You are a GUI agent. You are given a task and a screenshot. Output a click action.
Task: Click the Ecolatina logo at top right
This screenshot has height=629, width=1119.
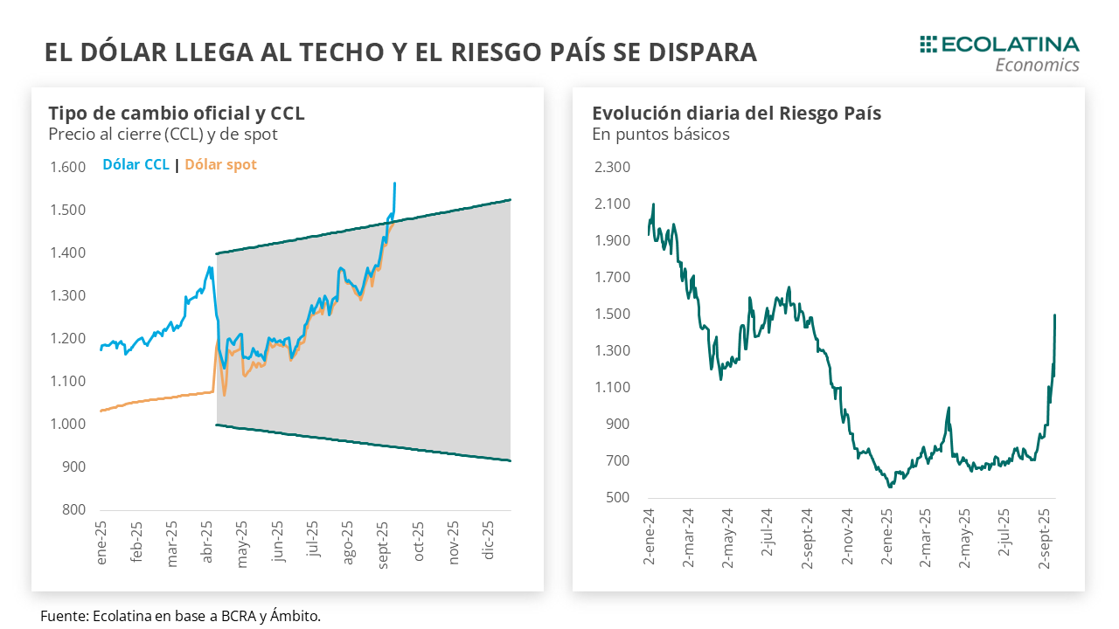(999, 52)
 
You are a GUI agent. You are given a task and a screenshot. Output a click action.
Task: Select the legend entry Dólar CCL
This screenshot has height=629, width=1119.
(136, 164)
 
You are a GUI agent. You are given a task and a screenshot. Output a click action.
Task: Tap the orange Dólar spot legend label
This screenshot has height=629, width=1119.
(221, 164)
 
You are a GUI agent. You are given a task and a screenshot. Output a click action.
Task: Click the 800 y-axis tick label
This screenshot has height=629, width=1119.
(73, 510)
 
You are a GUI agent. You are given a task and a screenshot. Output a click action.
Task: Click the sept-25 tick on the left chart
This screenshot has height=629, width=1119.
(383, 543)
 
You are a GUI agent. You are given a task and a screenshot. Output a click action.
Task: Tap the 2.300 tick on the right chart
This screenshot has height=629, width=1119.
(611, 167)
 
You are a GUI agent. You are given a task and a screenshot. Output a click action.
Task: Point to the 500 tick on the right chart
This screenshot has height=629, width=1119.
(618, 497)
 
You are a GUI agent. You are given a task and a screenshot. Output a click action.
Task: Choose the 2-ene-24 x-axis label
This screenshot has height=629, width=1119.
(650, 537)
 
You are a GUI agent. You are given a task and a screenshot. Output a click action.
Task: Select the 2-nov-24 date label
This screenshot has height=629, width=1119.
(846, 537)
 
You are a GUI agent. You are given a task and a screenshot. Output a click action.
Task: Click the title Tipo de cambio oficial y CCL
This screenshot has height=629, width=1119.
(177, 114)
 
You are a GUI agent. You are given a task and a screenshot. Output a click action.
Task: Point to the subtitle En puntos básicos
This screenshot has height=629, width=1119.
(660, 135)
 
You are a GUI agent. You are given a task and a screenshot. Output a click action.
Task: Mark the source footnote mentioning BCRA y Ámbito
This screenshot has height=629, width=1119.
(180, 616)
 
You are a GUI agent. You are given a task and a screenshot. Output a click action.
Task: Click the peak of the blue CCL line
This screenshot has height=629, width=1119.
(395, 183)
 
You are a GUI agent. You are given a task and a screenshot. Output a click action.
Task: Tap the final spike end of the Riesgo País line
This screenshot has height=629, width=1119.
(1055, 315)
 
